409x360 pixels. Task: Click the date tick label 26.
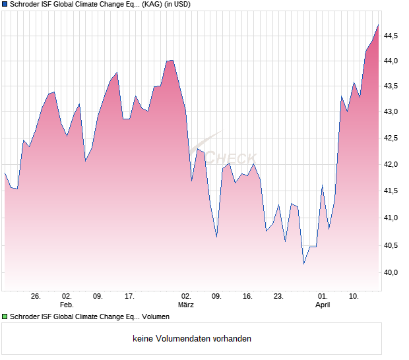click(x=36, y=297)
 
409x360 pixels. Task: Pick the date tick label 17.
click(x=129, y=297)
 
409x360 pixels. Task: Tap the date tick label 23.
click(x=278, y=297)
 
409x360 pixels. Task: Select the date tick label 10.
click(x=354, y=297)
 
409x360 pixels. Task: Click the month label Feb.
click(x=67, y=305)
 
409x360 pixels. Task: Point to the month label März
click(x=186, y=305)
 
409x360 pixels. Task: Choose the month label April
click(x=323, y=305)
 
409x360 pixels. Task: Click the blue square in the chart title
click(x=5, y=5)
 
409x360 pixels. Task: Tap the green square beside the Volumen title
click(x=5, y=317)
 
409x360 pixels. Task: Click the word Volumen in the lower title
click(x=156, y=317)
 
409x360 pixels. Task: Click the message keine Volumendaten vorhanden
click(x=192, y=339)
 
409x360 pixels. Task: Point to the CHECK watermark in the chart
click(x=231, y=158)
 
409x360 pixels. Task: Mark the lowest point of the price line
click(x=303, y=264)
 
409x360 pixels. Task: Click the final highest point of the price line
click(x=378, y=25)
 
